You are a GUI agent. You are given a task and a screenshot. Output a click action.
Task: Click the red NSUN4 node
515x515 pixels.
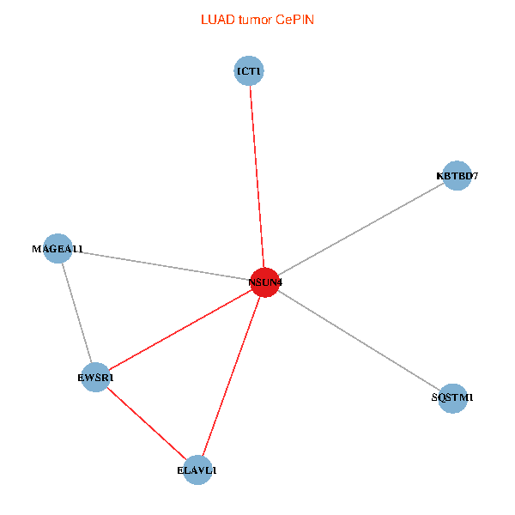(264, 282)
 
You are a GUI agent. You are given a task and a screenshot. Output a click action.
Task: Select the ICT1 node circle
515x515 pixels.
(249, 71)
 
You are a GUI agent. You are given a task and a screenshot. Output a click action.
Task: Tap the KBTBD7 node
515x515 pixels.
(457, 176)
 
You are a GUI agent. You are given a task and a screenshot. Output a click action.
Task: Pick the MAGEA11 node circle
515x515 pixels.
(58, 249)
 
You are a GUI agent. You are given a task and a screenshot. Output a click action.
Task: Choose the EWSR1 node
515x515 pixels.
(95, 378)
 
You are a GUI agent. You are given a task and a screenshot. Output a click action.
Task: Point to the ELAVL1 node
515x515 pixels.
(197, 470)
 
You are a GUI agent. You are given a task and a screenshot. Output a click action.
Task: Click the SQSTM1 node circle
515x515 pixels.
(452, 398)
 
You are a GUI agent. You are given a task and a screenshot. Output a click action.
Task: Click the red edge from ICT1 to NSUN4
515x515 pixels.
(257, 177)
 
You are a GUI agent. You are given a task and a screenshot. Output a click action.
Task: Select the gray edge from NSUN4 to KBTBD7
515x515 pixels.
(361, 229)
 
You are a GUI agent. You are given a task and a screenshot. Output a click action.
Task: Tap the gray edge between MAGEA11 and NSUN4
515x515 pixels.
(161, 265)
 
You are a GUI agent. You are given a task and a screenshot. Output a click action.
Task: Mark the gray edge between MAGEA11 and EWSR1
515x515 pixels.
(76, 313)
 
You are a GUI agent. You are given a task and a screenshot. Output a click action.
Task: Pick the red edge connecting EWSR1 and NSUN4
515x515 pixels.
(180, 330)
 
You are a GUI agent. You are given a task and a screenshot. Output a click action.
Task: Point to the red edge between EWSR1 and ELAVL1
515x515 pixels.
(147, 424)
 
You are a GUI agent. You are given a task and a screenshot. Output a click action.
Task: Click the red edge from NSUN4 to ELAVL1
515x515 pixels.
(231, 376)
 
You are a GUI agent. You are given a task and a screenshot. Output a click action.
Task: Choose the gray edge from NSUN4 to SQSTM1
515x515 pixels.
(359, 340)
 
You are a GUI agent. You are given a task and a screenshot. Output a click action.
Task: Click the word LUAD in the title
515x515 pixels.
(218, 20)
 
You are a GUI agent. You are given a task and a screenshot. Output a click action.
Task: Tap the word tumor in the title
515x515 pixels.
(256, 20)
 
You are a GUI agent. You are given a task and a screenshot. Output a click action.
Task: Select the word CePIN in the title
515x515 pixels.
(295, 20)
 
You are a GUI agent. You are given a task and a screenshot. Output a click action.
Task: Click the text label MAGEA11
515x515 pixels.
(58, 249)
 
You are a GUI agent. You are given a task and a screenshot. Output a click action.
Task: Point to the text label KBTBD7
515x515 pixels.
(457, 176)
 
